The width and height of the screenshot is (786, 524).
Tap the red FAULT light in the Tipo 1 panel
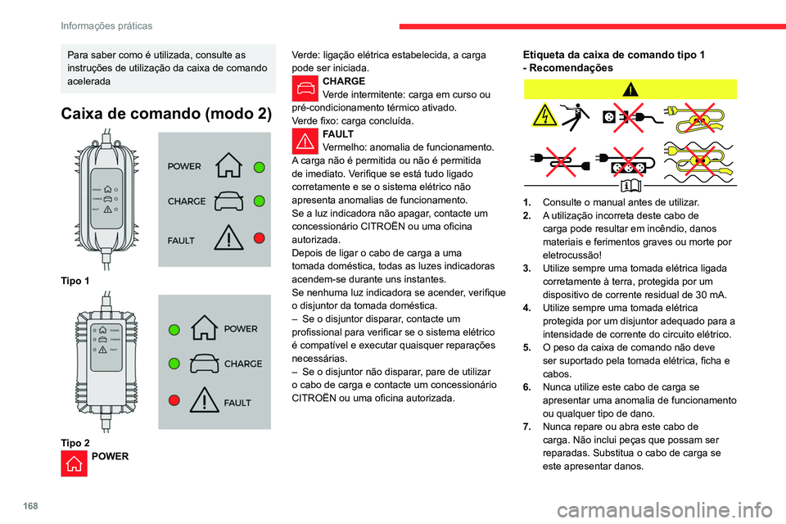[259, 238]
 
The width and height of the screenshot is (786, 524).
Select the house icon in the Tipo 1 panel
[228, 166]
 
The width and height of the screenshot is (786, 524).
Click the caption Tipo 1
[75, 281]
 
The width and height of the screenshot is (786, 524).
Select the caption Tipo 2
[75, 442]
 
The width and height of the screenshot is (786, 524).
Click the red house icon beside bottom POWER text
[74, 464]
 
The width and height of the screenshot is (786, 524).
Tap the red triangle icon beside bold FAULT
[305, 140]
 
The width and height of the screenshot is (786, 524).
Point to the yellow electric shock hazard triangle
[542, 116]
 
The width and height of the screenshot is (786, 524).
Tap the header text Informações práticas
[106, 26]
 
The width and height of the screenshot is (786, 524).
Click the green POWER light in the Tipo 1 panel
[259, 166]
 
